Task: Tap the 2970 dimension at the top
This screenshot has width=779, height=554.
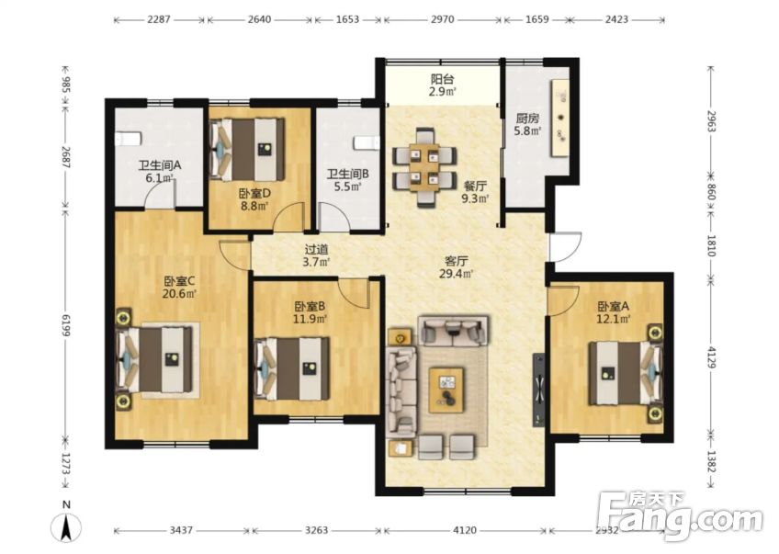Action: click(x=442, y=19)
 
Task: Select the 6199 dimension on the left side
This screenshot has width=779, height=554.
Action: click(x=65, y=325)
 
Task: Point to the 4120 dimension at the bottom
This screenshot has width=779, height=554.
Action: click(x=465, y=530)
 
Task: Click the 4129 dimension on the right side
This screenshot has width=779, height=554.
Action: click(x=710, y=356)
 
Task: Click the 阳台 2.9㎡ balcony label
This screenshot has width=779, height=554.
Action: click(x=443, y=85)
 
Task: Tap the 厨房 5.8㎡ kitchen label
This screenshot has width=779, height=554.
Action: click(x=527, y=125)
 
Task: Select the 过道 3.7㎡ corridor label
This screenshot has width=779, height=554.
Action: click(x=316, y=255)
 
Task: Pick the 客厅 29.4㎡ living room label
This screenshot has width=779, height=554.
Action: click(x=456, y=266)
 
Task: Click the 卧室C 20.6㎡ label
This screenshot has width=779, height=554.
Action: click(x=179, y=288)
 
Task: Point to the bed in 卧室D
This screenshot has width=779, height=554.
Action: click(x=247, y=149)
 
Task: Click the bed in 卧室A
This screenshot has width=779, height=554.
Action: click(x=626, y=373)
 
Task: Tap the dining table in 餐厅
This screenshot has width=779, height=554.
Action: click(x=424, y=168)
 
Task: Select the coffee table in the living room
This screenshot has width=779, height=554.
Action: click(x=447, y=390)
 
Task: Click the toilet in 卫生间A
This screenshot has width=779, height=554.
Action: click(x=128, y=139)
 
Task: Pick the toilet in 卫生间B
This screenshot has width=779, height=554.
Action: click(x=367, y=143)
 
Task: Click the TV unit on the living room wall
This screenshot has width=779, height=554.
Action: click(x=538, y=390)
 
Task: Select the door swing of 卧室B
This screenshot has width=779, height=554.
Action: click(x=355, y=294)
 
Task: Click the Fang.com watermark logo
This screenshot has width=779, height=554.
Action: click(x=680, y=517)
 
